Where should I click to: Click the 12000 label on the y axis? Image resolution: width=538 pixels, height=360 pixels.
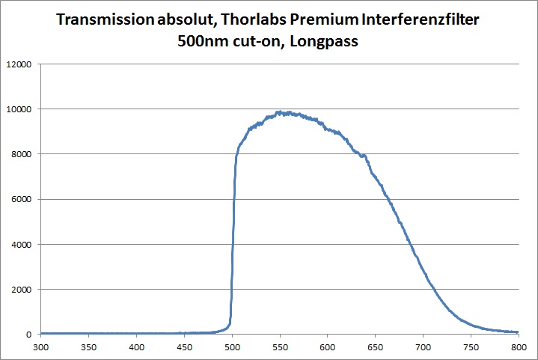tap(18, 64)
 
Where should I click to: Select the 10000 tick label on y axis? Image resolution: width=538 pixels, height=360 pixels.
tap(18, 109)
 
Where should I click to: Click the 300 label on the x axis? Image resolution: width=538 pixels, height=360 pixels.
tap(41, 347)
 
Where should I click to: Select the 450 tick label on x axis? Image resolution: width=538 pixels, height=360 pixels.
tap(184, 347)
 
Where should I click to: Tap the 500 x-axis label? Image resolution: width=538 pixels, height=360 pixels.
tap(232, 347)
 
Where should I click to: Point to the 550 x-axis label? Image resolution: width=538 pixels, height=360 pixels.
tap(280, 347)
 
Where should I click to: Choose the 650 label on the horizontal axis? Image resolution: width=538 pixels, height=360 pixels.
tap(376, 347)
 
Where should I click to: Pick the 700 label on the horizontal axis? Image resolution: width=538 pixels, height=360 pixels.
tap(424, 347)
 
